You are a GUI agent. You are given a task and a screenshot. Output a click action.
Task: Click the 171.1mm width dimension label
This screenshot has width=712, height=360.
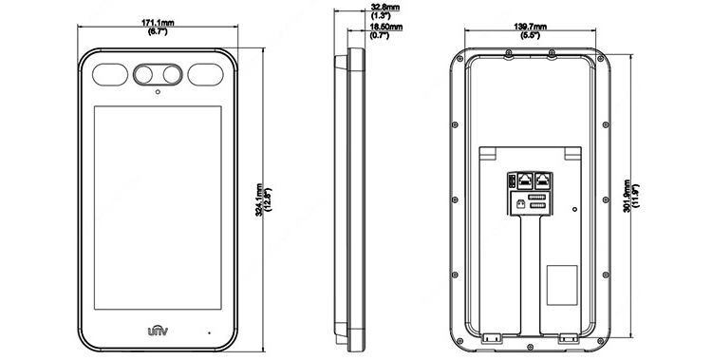(x=158, y=22)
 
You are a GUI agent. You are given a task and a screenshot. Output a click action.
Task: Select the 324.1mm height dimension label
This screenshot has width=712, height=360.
(x=259, y=199)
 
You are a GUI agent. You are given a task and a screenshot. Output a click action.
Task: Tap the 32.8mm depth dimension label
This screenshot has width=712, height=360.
(x=385, y=8)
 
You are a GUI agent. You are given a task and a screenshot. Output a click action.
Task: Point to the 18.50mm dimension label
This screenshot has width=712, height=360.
(x=386, y=27)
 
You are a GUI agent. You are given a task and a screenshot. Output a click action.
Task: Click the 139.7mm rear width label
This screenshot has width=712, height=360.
(x=530, y=27)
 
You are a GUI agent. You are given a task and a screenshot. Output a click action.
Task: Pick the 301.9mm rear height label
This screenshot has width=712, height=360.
(x=627, y=197)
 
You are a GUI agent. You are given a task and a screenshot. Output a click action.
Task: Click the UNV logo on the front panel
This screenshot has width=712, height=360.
(x=158, y=331)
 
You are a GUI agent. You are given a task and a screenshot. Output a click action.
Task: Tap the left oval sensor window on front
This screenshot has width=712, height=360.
(x=110, y=74)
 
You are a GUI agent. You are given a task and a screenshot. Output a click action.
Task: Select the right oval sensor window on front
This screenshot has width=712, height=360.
(x=205, y=74)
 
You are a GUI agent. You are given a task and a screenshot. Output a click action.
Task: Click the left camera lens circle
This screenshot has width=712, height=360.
(x=143, y=74)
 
